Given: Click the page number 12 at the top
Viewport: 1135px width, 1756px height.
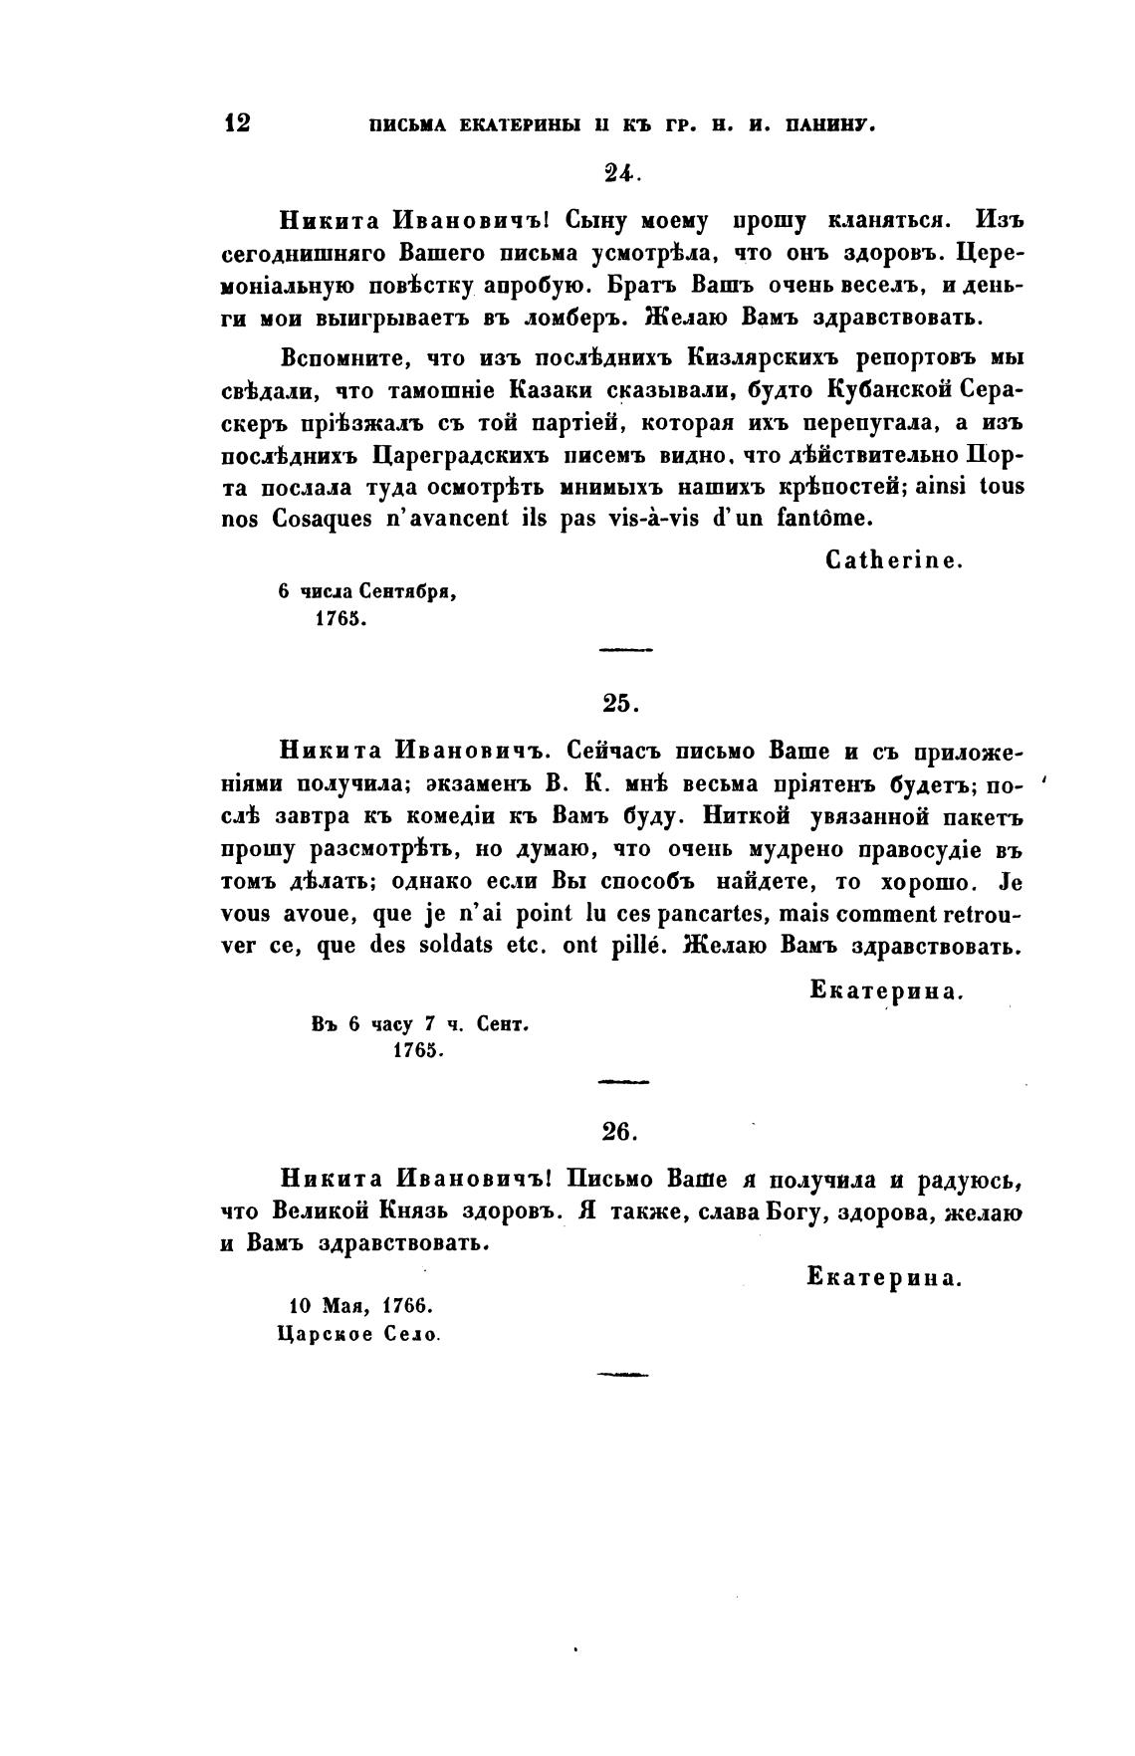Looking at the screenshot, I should [x=238, y=122].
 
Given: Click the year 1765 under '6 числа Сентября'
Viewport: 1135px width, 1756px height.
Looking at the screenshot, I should [x=341, y=618].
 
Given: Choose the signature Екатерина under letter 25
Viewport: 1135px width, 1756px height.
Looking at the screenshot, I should [x=886, y=990].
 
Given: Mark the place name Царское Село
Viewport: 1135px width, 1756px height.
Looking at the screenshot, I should [x=358, y=1334].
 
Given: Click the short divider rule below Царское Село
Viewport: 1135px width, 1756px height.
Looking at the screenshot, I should [x=622, y=1375].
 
